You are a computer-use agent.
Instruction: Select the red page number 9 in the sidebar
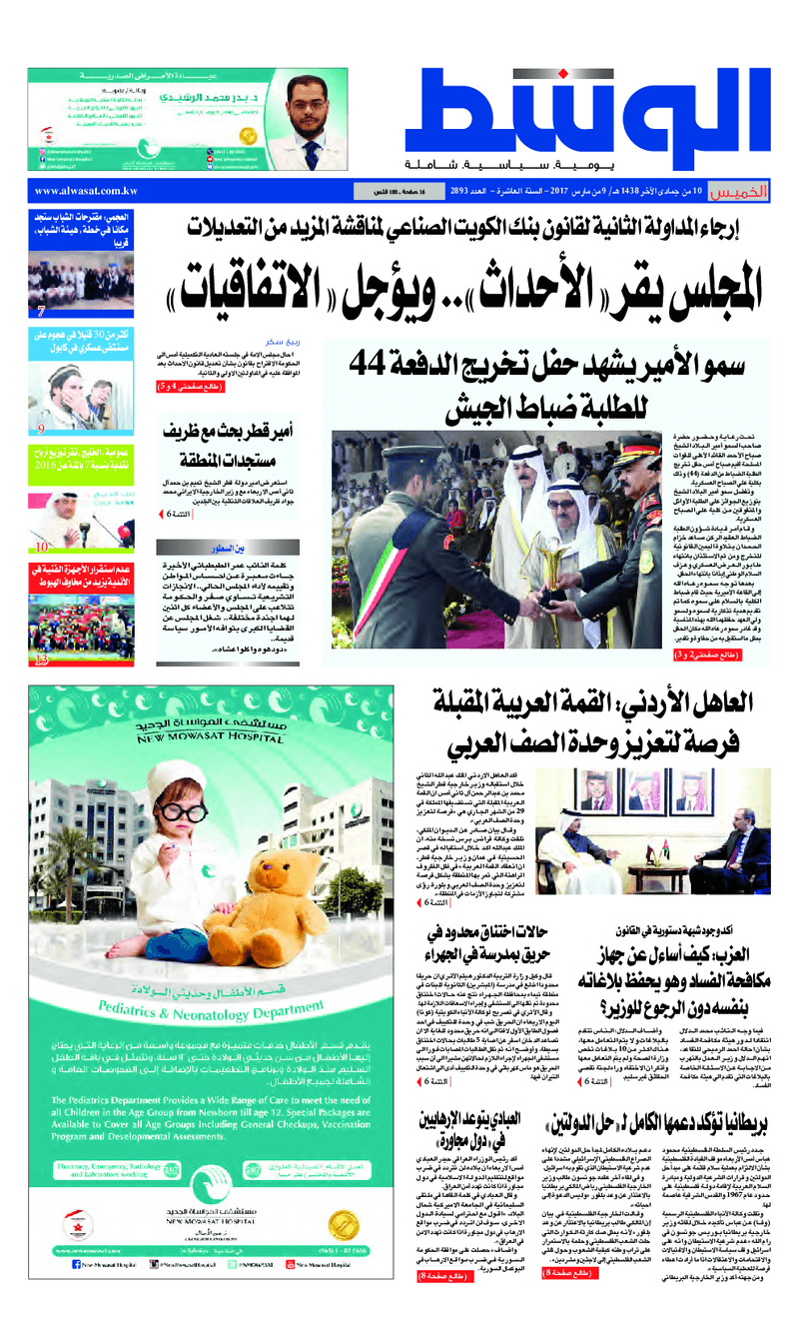(x=42, y=430)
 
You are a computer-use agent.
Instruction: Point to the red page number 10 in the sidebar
(x=42, y=547)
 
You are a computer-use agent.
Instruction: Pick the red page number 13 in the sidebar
(x=41, y=661)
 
